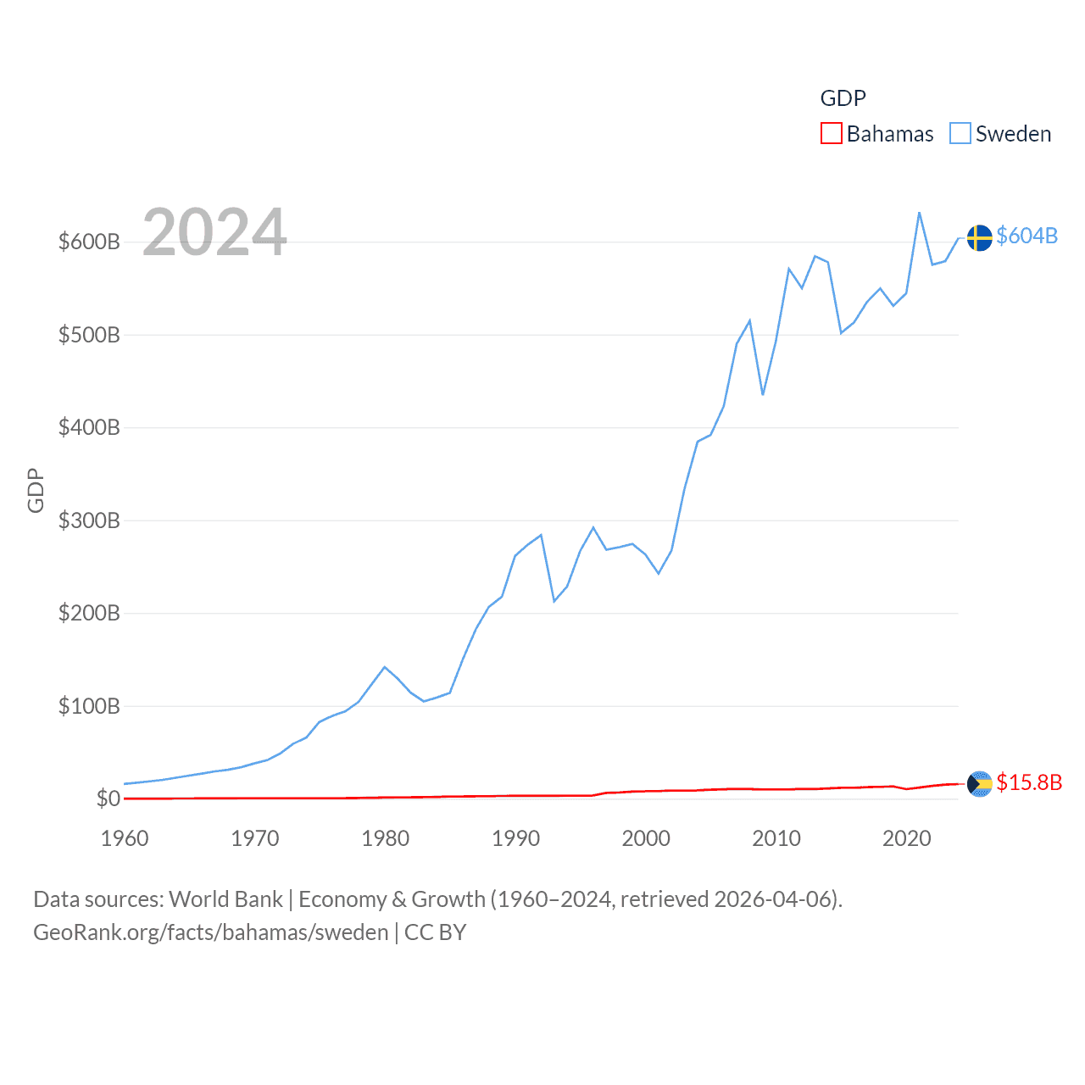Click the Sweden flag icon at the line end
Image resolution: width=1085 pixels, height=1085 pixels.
(x=979, y=237)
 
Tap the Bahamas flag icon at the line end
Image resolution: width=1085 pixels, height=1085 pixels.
(x=979, y=784)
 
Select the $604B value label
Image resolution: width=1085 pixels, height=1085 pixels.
(x=1027, y=236)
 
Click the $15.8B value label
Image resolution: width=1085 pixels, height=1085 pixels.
(x=1029, y=782)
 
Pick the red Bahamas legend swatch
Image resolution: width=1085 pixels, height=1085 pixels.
(x=832, y=134)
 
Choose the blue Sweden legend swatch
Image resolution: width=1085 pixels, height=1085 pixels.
(x=960, y=134)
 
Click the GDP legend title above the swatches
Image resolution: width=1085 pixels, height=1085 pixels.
(x=843, y=98)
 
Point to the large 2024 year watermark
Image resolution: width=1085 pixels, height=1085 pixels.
(x=214, y=232)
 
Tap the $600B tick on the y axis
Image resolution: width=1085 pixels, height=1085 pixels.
(x=89, y=242)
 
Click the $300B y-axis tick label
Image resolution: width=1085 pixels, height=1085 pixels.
(x=89, y=520)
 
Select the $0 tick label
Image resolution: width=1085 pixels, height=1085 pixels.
(x=108, y=798)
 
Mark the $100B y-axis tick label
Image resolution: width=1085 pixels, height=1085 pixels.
(x=89, y=706)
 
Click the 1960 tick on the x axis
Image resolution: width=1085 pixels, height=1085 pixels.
(x=125, y=838)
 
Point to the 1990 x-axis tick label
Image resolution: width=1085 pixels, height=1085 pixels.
(x=515, y=838)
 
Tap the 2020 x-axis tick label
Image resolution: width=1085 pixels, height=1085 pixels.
(x=907, y=838)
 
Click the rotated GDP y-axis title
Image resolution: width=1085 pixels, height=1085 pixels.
(x=36, y=490)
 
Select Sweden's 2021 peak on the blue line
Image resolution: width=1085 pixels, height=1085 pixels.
(x=920, y=213)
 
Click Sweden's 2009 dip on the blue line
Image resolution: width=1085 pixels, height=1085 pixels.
(x=763, y=394)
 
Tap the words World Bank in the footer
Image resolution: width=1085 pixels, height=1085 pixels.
(x=226, y=899)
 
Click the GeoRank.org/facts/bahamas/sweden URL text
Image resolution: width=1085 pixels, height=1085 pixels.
(x=211, y=932)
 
